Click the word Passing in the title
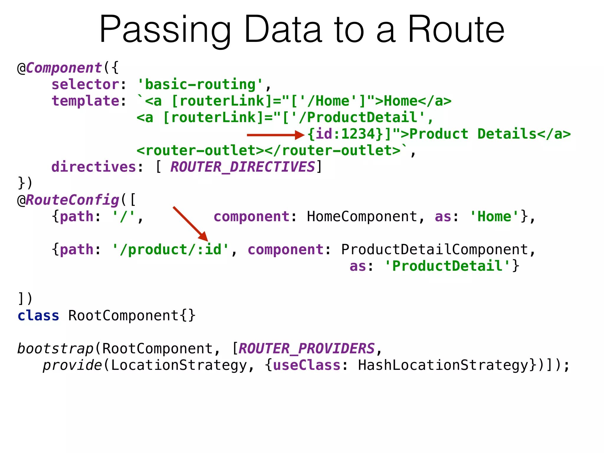tap(165, 30)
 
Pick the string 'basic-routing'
tap(200, 85)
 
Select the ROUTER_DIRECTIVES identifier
tap(243, 167)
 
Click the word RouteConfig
tap(73, 200)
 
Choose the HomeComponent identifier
tap(362, 217)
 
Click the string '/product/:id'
tap(170, 250)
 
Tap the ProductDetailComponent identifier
tap(434, 250)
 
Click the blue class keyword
tap(38, 316)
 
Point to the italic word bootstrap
tap(55, 349)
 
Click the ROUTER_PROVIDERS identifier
tap(306, 349)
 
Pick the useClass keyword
tap(307, 365)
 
